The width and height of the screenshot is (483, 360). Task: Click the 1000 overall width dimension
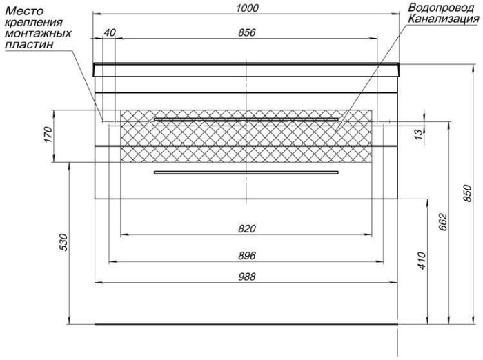tap(247, 8)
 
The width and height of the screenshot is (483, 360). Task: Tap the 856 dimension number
tap(247, 32)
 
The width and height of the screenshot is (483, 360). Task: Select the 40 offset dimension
tap(109, 32)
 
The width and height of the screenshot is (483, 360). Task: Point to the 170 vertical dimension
tap(49, 134)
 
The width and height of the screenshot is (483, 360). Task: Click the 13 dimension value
tap(419, 134)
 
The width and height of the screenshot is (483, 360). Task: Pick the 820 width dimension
tap(247, 228)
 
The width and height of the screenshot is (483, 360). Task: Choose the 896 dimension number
tap(247, 256)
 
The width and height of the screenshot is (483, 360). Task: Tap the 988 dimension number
tap(247, 277)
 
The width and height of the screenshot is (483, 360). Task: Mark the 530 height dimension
tap(63, 242)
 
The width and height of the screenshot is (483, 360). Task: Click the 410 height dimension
tap(422, 261)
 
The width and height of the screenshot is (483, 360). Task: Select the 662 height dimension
tap(442, 222)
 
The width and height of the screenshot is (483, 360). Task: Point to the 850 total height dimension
tap(467, 193)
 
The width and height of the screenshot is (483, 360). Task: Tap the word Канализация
tap(444, 19)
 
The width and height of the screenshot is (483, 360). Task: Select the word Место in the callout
tap(25, 11)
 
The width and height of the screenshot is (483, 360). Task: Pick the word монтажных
tap(39, 33)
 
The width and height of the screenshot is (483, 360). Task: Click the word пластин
tap(30, 45)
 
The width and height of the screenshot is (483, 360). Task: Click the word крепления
tap(34, 23)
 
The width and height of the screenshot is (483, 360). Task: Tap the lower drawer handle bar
tap(246, 172)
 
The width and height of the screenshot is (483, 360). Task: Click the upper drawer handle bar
tap(246, 119)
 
